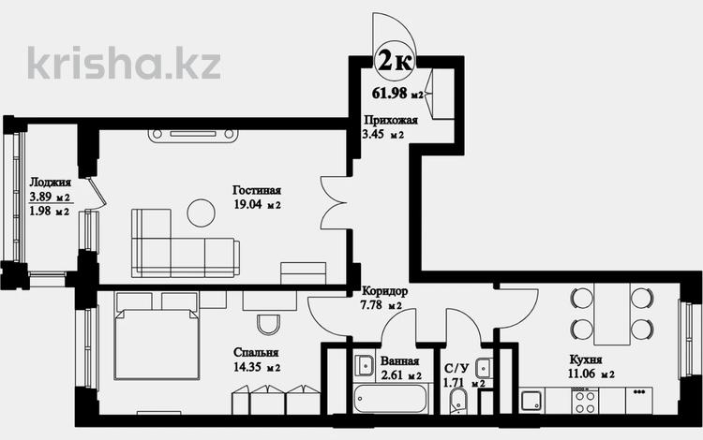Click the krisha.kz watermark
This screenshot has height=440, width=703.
tap(124, 63)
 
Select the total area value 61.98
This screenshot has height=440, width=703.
tap(390, 93)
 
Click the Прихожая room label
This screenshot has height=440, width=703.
tap(391, 120)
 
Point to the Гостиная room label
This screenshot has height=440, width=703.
tap(257, 190)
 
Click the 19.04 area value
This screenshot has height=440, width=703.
tap(248, 205)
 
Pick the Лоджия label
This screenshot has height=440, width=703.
tap(51, 183)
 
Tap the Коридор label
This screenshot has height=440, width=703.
tap(384, 291)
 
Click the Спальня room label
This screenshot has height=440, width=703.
tap(256, 353)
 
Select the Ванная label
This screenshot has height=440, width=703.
tap(399, 361)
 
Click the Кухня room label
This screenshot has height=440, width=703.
tap(586, 359)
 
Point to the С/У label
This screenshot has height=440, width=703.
tap(456, 368)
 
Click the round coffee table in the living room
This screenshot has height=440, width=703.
tap(202, 213)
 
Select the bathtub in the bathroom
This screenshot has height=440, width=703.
tap(390, 399)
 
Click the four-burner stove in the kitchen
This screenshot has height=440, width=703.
tap(585, 401)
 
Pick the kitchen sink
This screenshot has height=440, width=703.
tap(531, 401)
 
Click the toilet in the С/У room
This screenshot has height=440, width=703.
tap(456, 401)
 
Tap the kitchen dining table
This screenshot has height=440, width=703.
tap(612, 314)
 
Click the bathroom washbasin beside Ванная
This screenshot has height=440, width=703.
tap(364, 366)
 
